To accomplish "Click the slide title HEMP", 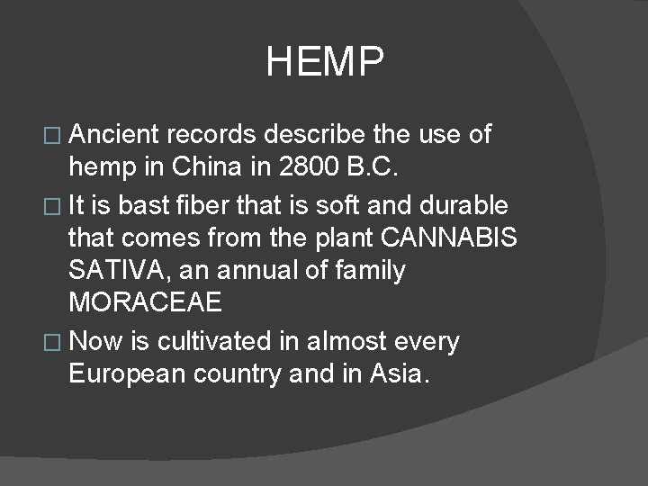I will (325, 63).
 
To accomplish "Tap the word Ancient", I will (114, 135).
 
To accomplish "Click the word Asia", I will (399, 373).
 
